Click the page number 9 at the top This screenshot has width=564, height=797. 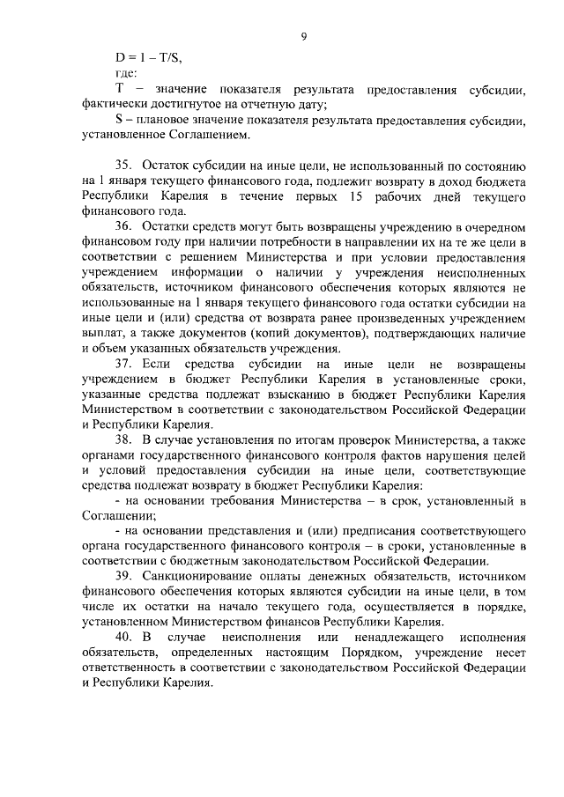(x=303, y=36)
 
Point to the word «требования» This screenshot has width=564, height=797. (x=236, y=503)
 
